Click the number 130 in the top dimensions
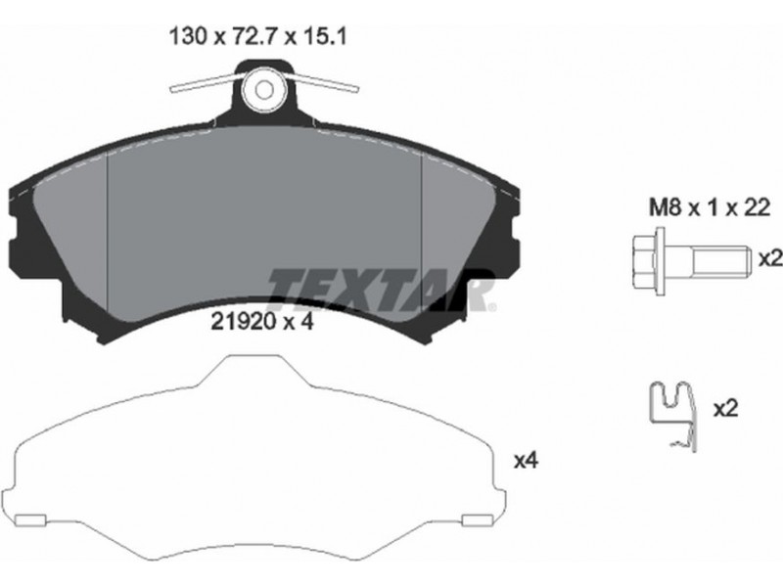188,37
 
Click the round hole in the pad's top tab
264,90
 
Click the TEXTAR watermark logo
382,290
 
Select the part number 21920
244,323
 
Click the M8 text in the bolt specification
666,207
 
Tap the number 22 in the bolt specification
758,207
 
